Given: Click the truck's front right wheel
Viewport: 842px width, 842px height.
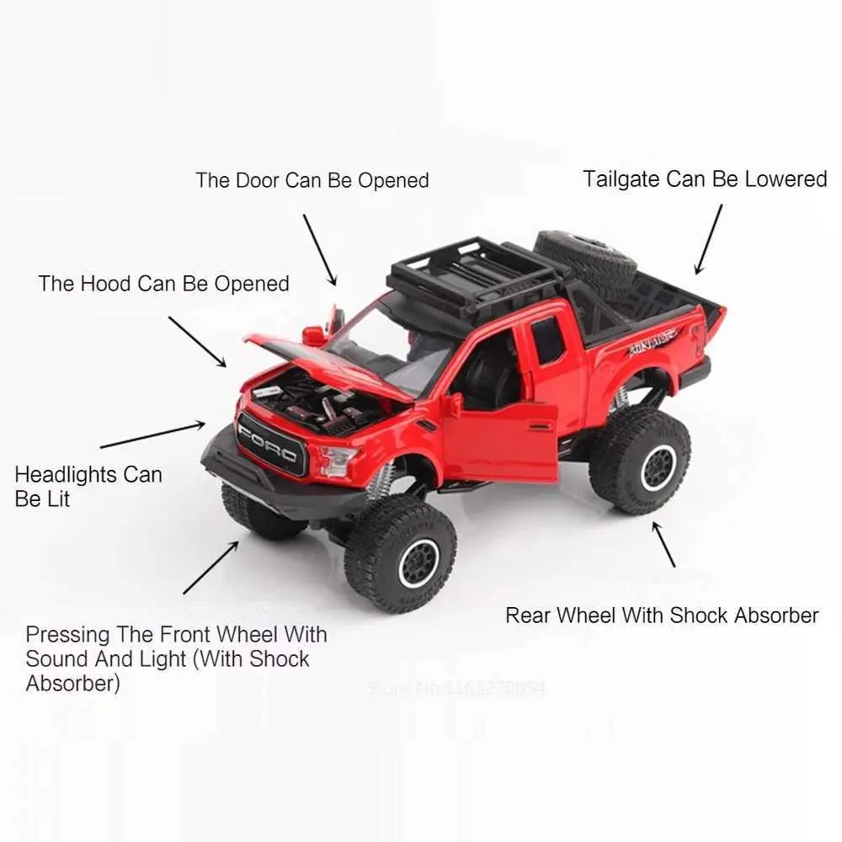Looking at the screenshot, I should point(400,552).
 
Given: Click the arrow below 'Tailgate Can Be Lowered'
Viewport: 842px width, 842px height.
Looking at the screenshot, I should point(708,239).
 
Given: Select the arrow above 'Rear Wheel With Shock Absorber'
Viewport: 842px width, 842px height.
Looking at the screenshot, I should point(663,543).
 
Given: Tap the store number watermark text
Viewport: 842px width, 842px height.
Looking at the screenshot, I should point(456,688).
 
